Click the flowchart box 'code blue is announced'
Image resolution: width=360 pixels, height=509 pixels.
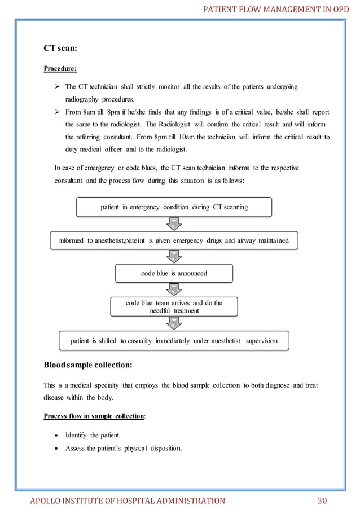tap(174, 273)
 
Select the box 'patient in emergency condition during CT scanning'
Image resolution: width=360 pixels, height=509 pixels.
tap(174, 207)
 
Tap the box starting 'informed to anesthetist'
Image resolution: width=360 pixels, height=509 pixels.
tap(174, 240)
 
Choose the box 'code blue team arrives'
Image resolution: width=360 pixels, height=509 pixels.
tap(174, 306)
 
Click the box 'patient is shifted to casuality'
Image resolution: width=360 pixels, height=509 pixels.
tap(174, 341)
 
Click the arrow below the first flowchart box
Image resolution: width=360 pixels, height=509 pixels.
tap(174, 223)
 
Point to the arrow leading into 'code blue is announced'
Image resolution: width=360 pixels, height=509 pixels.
tap(174, 257)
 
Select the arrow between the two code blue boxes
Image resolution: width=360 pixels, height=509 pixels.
tap(174, 289)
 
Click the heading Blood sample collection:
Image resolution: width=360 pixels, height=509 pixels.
tap(88, 365)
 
